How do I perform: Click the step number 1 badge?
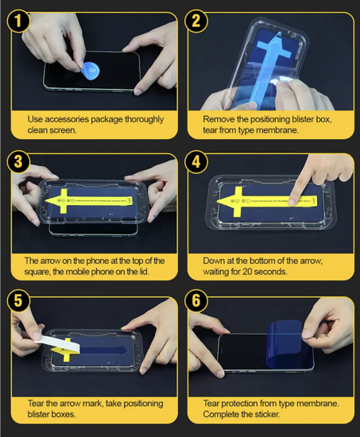[x=18, y=21]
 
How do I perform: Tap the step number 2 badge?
[x=196, y=21]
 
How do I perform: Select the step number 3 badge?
[x=18, y=161]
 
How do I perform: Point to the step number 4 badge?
[x=196, y=161]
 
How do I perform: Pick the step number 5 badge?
[x=18, y=300]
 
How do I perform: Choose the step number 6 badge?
[x=196, y=300]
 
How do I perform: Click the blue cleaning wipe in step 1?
[x=90, y=71]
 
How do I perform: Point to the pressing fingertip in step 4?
[x=293, y=201]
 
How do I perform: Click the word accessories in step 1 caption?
[x=67, y=119]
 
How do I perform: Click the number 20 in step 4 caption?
[x=247, y=272]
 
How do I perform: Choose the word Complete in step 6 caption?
[x=221, y=415]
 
